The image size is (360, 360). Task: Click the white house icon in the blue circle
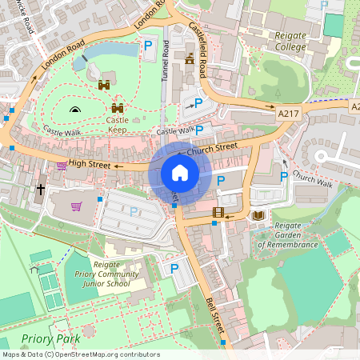[x=180, y=173]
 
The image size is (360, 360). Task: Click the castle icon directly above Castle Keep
[x=118, y=108]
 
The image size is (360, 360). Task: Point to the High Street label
[x=89, y=164]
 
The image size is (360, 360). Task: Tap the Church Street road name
[x=212, y=149]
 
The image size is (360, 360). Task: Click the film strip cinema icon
[x=218, y=213]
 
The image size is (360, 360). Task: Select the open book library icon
[x=258, y=215]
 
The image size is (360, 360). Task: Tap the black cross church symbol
[x=40, y=190]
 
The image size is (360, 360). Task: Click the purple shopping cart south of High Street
[x=77, y=206]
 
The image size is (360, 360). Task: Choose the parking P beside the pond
[x=148, y=48]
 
